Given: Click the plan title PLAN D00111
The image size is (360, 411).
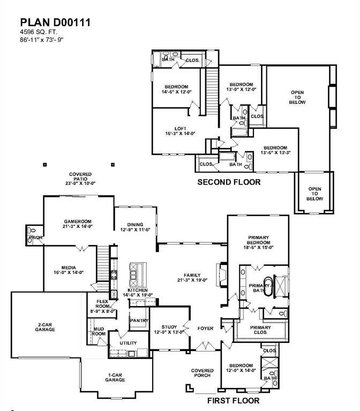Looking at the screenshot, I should [55, 22].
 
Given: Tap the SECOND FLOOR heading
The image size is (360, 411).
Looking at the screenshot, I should [229, 182].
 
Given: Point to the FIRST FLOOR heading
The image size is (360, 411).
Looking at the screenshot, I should [233, 400].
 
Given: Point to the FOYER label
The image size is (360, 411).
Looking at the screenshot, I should [205, 328].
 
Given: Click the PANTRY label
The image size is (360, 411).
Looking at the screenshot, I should [139, 320].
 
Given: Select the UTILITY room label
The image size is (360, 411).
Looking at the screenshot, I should [128, 343].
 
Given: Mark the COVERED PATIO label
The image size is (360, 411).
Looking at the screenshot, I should [80, 178].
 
